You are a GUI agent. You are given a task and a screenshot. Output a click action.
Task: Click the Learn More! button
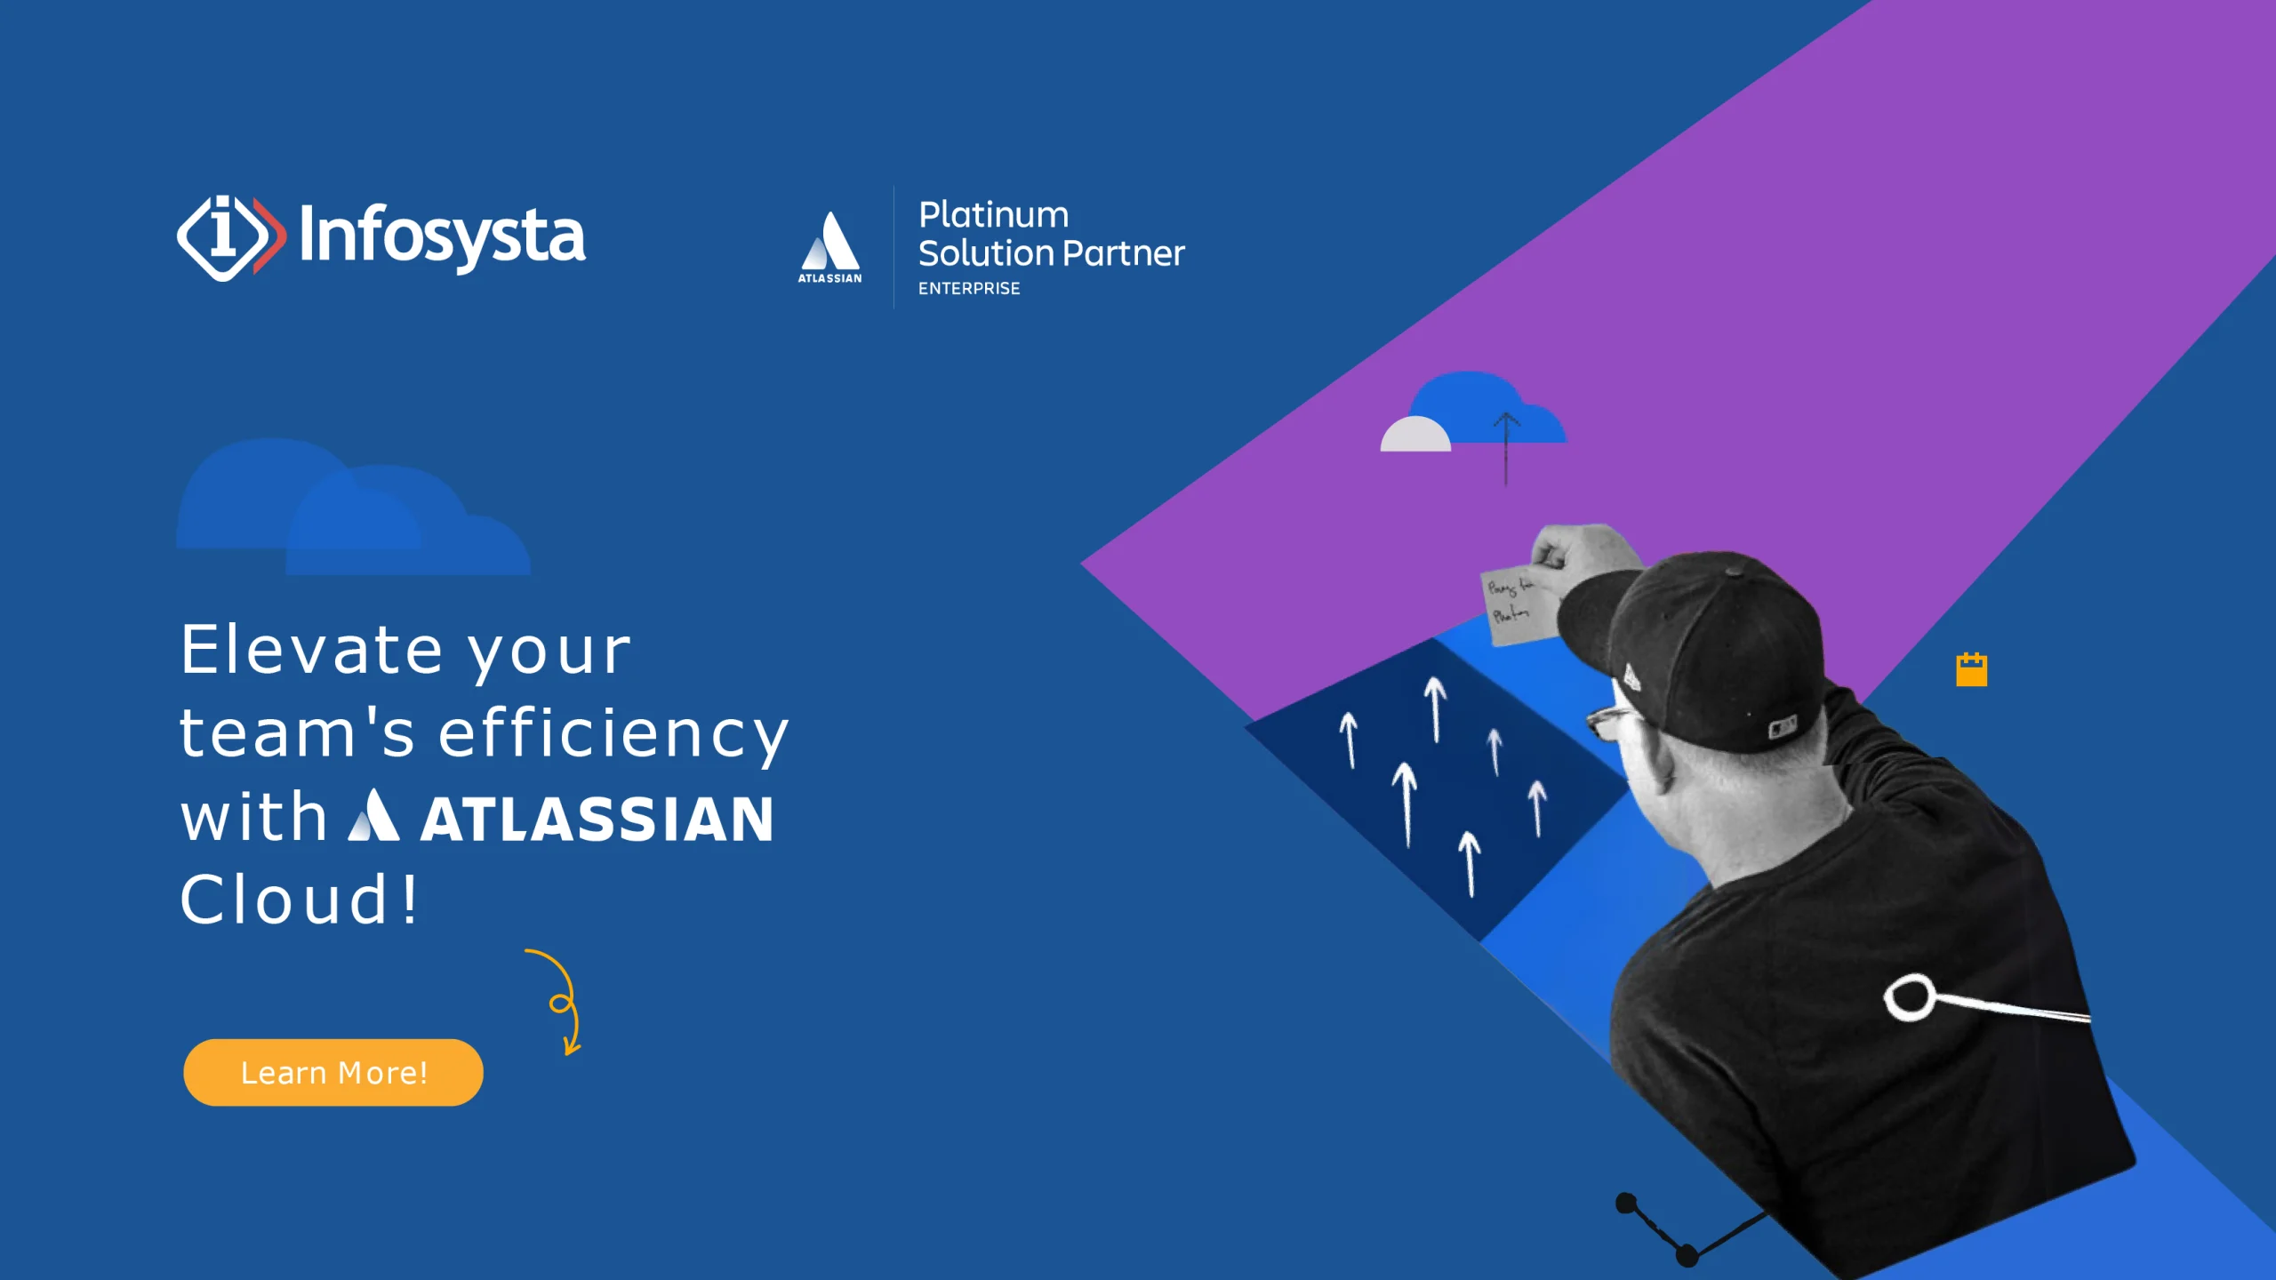pos(333,1072)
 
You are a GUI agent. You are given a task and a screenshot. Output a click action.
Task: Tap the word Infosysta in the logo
pos(442,236)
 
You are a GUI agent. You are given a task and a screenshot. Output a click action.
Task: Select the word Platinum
pos(993,215)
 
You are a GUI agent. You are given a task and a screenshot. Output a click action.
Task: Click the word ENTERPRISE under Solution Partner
pos(969,289)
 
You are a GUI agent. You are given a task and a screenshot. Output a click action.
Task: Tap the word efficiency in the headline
pos(613,734)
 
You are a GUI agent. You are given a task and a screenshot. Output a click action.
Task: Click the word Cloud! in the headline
pos(299,900)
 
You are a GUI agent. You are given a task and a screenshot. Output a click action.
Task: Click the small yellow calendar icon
pos(1971,669)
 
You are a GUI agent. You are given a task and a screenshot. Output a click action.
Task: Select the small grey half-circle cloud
pos(1414,435)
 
